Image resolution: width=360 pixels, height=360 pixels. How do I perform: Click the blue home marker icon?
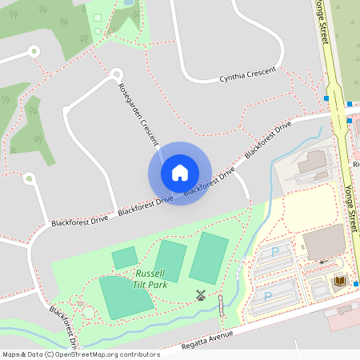pyautogui.click(x=180, y=173)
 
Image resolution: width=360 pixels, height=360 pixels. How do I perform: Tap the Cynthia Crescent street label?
pyautogui.click(x=247, y=74)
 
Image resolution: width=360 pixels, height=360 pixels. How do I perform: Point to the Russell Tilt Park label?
pyautogui.click(x=151, y=278)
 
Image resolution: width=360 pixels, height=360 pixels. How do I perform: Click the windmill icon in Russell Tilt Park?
pyautogui.click(x=200, y=294)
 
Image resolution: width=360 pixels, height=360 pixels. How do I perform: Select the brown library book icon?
pyautogui.click(x=338, y=281)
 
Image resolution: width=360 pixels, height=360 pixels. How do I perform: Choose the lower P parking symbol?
pyautogui.click(x=266, y=296)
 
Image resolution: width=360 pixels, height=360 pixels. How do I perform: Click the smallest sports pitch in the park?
pyautogui.click(x=124, y=258)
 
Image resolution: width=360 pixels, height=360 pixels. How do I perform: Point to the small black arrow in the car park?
pyautogui.click(x=322, y=262)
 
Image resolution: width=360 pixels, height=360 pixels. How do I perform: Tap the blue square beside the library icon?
pyautogui.click(x=356, y=283)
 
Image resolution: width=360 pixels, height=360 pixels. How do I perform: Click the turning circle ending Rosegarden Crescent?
pyautogui.click(x=116, y=74)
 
